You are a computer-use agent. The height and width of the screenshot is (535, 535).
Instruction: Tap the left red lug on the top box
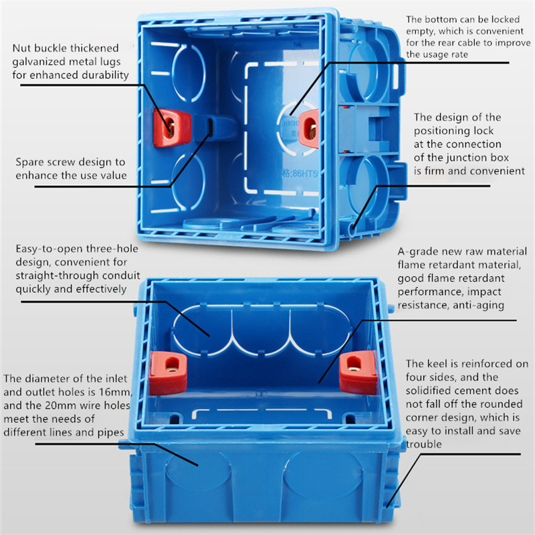pos(172,128)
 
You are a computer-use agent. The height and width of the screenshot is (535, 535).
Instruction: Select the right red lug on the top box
pos(309,129)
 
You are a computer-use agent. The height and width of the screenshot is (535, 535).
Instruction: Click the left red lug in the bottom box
pos(169,372)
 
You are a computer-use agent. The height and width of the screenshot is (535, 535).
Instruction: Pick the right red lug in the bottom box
pos(358,372)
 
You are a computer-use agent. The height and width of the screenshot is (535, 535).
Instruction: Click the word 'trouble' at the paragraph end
pos(424,444)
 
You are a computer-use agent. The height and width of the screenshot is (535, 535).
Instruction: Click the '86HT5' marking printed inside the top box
pos(303,173)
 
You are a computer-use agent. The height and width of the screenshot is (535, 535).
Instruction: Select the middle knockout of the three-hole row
pos(261,330)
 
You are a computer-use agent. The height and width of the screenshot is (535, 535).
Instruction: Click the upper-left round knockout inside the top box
pos(189,73)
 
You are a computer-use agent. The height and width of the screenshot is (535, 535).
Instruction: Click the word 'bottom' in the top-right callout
pos(440,19)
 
